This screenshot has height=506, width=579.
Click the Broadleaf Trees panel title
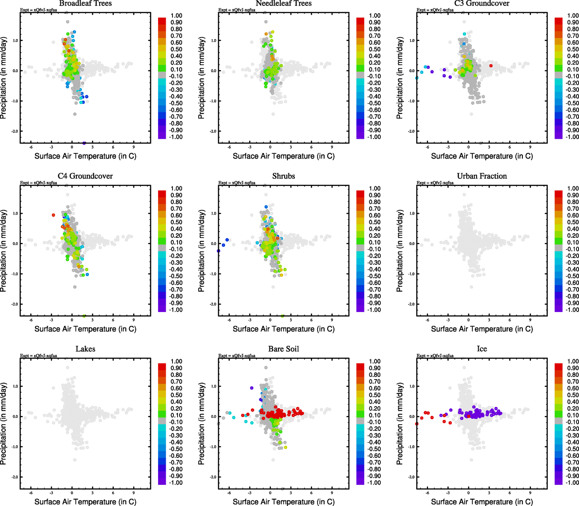click(85, 3)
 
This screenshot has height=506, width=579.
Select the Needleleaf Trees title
click(283, 3)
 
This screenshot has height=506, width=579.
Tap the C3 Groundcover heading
click(482, 3)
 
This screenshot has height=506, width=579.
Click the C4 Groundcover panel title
click(85, 176)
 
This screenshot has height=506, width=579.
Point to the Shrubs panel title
click(283, 176)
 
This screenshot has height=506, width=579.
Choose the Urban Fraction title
click(482, 176)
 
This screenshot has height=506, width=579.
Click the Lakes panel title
click(85, 349)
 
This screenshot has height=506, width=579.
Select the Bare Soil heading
click(283, 349)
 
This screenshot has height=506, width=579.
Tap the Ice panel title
click(482, 349)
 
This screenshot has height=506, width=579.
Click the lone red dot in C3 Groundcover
click(491, 66)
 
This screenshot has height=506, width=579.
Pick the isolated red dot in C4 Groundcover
click(54, 215)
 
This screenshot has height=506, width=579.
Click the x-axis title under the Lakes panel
click(85, 502)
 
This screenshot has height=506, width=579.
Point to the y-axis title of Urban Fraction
click(400, 250)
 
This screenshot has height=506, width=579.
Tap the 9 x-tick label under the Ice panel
click(530, 493)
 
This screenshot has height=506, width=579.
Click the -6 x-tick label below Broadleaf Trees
click(31, 147)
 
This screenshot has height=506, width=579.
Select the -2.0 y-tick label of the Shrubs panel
click(213, 304)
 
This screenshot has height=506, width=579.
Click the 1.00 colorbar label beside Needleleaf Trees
click(374, 16)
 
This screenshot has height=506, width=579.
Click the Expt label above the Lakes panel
click(38, 356)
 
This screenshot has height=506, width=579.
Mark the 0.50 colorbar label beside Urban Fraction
click(573, 222)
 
